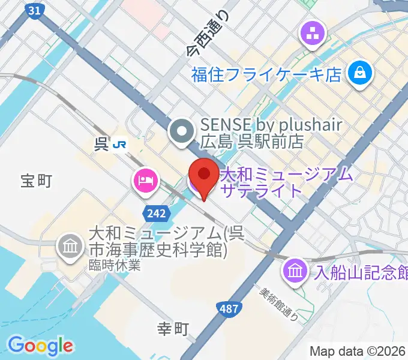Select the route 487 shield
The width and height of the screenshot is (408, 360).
point(229,309)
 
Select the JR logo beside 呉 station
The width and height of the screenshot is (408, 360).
point(122,144)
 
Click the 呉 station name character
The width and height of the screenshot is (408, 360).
point(101,144)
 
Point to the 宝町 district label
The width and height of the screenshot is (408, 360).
point(37,181)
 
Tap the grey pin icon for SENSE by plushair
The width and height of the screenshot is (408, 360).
point(179,133)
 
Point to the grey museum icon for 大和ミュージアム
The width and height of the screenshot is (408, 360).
point(69,247)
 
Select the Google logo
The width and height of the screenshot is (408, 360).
point(41,346)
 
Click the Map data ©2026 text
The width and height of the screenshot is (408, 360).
point(357,351)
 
